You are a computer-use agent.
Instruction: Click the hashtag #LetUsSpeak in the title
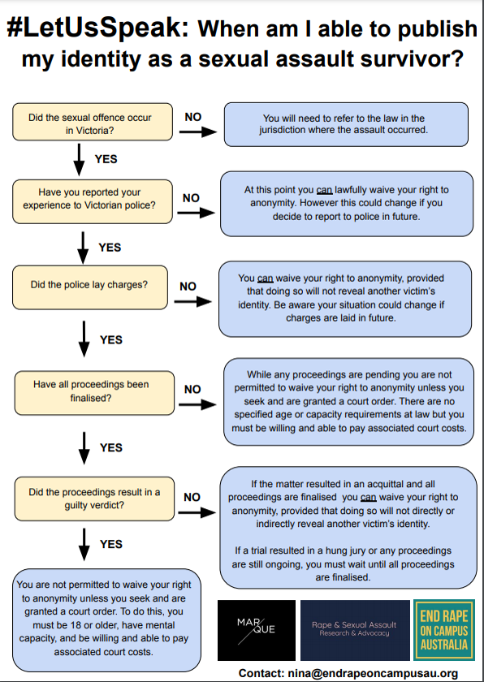coord(97,29)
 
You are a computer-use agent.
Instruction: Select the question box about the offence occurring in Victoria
coord(93,122)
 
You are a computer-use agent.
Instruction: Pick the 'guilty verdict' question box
coord(94,499)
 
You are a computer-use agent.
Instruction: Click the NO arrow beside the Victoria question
coord(198,132)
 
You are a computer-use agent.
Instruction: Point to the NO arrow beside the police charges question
coord(192,301)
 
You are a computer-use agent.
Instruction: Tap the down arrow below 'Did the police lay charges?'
coord(84,339)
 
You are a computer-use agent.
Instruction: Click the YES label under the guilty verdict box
coord(111,544)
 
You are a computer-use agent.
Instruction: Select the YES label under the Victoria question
coord(106,159)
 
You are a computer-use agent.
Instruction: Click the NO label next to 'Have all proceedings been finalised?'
coord(192,389)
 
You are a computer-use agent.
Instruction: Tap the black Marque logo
coord(257,630)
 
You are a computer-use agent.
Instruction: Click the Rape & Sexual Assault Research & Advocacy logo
coord(355,630)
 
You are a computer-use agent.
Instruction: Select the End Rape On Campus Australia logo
coord(444,630)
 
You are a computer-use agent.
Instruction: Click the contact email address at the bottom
coord(373,673)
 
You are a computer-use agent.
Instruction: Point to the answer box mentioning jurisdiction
coord(346,124)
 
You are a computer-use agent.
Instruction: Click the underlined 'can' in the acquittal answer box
coord(368,497)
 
